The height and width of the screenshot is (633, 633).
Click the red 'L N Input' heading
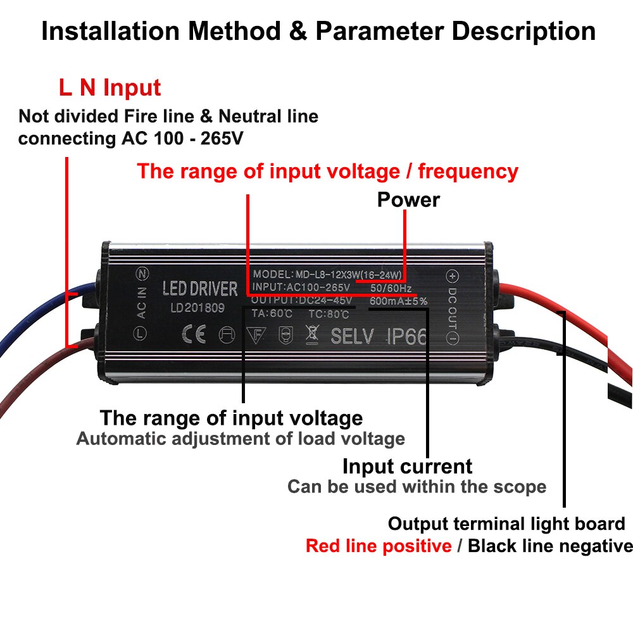[x=110, y=87]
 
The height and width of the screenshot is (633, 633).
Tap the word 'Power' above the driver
[x=408, y=199]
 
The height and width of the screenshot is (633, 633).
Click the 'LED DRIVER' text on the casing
[x=200, y=289]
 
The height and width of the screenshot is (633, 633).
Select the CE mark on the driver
[x=193, y=335]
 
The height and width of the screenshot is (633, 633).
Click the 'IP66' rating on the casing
[x=406, y=335]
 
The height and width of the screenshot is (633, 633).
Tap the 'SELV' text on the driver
[x=352, y=335]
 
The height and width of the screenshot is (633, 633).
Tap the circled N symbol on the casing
[x=142, y=274]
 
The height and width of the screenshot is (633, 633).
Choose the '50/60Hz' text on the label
[x=390, y=288]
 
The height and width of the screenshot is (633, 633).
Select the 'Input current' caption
[x=407, y=467]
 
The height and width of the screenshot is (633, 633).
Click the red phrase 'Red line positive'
[x=379, y=546]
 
